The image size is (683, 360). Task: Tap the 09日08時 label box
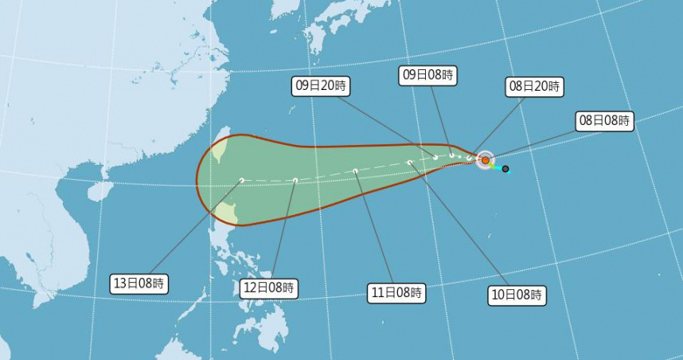click(x=427, y=75)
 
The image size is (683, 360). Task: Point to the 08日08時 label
click(x=604, y=121)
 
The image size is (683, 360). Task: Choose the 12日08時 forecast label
click(x=269, y=288)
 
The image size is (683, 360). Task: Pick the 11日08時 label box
click(x=396, y=292)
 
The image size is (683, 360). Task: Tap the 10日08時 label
click(x=517, y=295)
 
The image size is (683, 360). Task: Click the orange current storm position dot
click(x=485, y=160)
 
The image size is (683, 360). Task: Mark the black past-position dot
click(x=505, y=169)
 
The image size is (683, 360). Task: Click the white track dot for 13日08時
click(x=241, y=181)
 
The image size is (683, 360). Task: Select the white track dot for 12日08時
click(x=295, y=181)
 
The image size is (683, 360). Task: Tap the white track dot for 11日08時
click(x=356, y=170)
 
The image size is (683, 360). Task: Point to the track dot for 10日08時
click(x=409, y=162)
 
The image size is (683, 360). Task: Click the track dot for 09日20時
click(x=435, y=158)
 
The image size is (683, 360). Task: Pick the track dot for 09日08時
click(x=451, y=156)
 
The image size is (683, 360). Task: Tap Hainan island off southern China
click(x=100, y=191)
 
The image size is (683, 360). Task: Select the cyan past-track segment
click(x=496, y=166)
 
